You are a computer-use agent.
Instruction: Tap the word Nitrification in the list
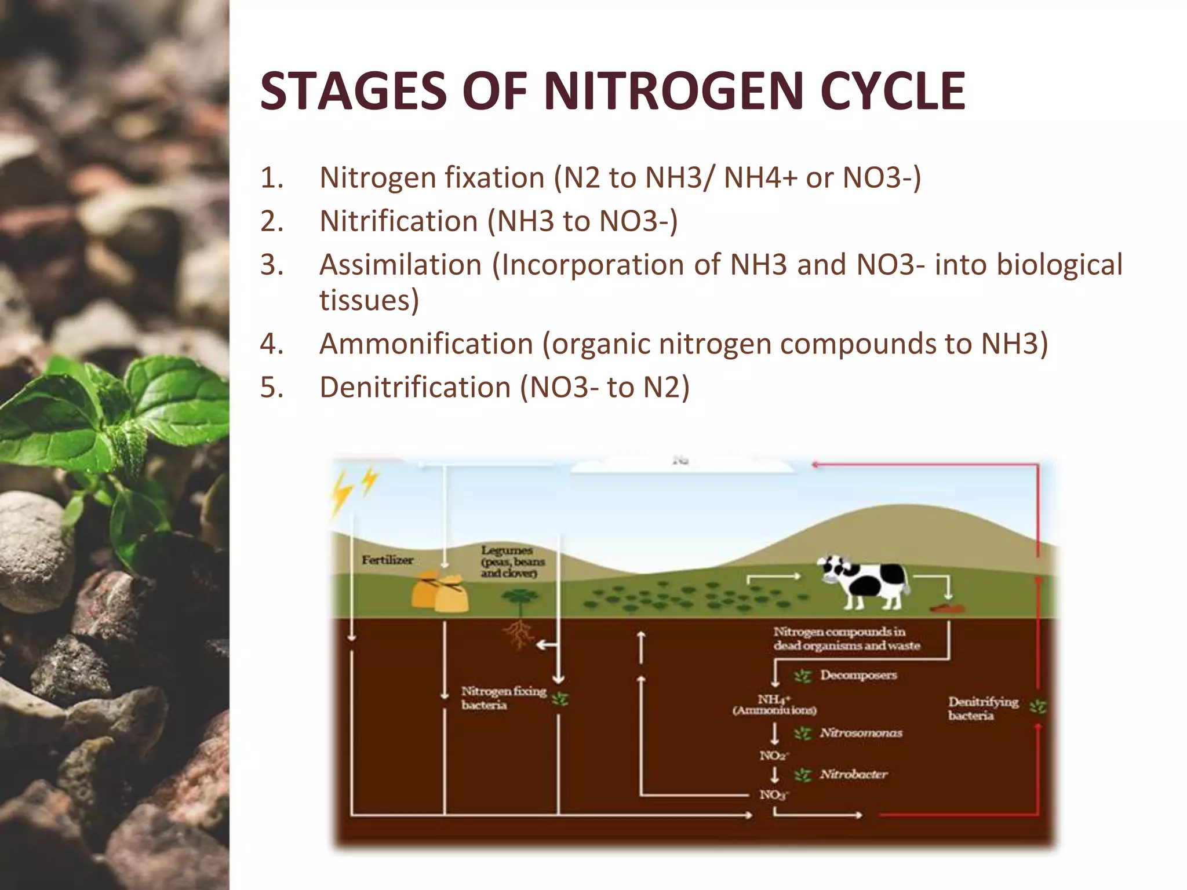click(398, 221)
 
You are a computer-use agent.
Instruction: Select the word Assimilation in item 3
click(400, 265)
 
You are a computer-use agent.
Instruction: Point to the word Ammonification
click(426, 344)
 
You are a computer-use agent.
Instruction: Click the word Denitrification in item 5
click(414, 388)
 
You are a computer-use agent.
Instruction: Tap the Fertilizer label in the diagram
click(387, 560)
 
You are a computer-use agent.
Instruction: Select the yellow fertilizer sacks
click(439, 592)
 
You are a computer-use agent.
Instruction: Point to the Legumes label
click(507, 550)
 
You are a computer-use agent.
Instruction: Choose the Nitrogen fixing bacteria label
click(504, 698)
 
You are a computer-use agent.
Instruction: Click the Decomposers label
click(858, 675)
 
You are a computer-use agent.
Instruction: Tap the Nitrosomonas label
click(861, 733)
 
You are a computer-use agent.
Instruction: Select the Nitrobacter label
click(853, 774)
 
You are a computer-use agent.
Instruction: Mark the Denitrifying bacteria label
click(982, 708)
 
